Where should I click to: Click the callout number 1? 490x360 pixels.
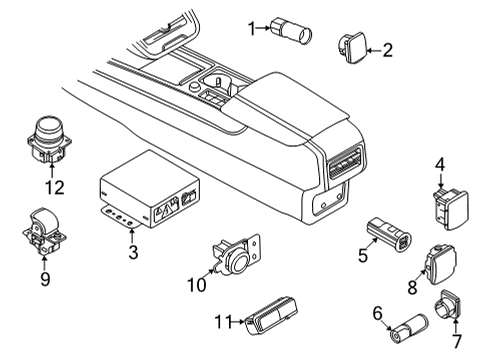(252, 28)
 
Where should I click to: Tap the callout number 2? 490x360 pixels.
(388, 48)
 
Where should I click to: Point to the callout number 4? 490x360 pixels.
(439, 163)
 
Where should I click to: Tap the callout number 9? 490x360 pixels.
(44, 280)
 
